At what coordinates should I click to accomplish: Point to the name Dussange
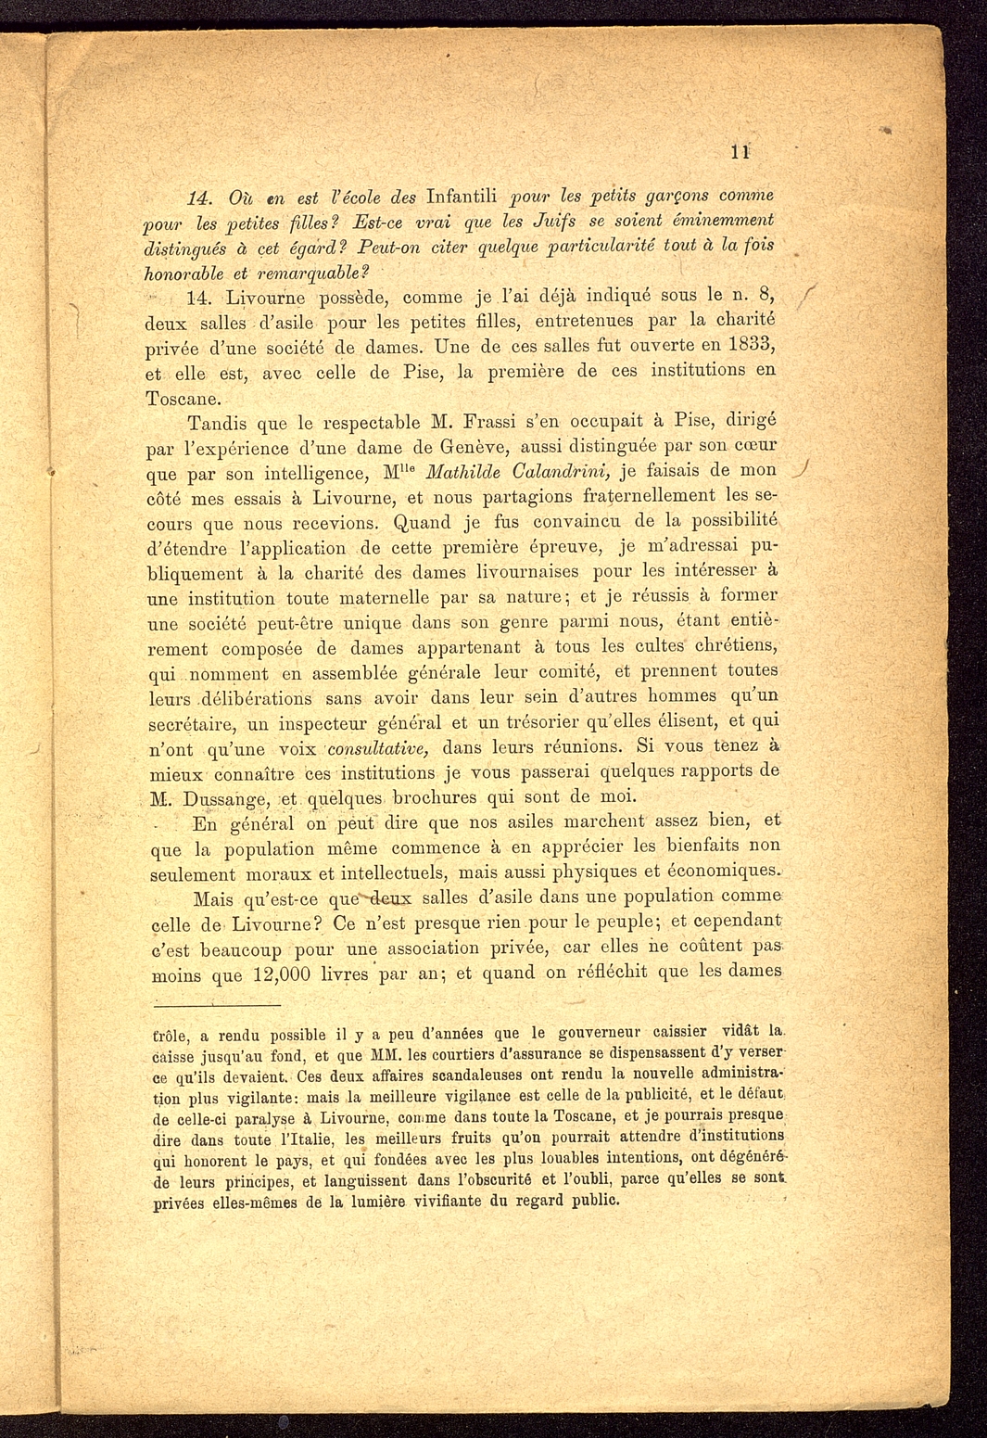pos(225,798)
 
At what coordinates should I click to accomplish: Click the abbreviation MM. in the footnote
pos(384,1054)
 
